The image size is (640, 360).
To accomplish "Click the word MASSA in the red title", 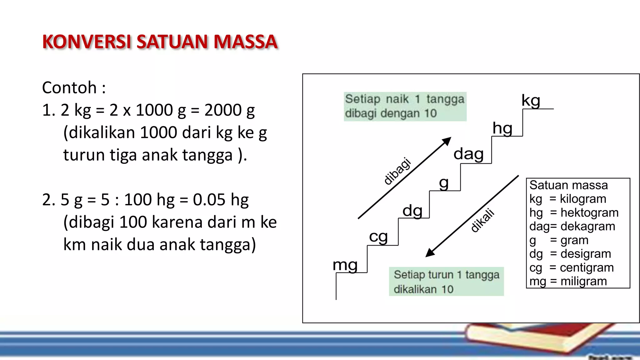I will click(x=246, y=42).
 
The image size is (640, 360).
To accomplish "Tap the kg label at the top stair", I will click(x=531, y=101).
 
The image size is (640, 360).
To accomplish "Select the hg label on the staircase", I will click(x=502, y=128).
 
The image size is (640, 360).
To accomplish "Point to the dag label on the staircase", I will click(x=468, y=154).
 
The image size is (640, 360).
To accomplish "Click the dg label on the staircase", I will click(x=412, y=211).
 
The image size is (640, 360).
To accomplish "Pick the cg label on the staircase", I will click(x=378, y=237).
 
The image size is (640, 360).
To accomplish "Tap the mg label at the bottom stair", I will click(x=345, y=265).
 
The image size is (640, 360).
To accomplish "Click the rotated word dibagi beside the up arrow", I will click(x=397, y=171).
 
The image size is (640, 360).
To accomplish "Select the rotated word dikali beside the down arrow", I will click(x=483, y=220).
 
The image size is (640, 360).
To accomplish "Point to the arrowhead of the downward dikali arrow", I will click(x=430, y=252).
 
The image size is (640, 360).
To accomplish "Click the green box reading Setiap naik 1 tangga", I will click(x=405, y=106).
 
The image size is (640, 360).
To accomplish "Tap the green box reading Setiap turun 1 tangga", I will click(x=446, y=282).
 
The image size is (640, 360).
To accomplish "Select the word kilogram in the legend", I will click(x=583, y=199).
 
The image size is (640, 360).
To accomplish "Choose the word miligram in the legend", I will click(x=583, y=281).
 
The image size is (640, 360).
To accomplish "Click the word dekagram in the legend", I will click(x=587, y=226).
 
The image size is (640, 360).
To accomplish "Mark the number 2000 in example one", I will click(x=223, y=110).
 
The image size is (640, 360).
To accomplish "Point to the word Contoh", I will click(x=69, y=87).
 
